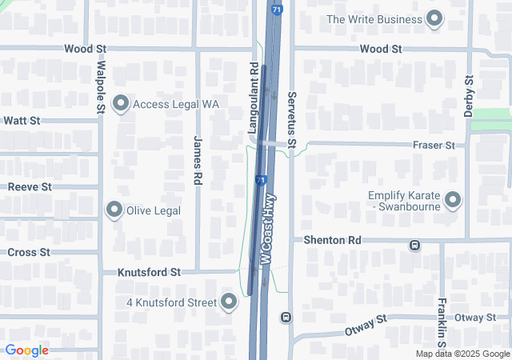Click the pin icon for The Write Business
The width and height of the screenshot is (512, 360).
[434, 18]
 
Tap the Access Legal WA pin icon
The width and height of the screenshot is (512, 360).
[122, 103]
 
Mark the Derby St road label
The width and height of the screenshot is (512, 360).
[470, 97]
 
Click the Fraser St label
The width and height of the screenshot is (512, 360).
[434, 145]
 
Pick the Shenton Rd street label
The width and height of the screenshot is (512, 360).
[332, 240]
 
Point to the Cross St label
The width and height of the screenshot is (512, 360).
[28, 252]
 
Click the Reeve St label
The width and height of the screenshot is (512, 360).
[30, 186]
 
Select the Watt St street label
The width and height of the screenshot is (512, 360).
[22, 121]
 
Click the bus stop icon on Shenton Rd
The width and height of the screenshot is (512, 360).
[414, 245]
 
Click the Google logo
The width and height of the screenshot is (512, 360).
[26, 350]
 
